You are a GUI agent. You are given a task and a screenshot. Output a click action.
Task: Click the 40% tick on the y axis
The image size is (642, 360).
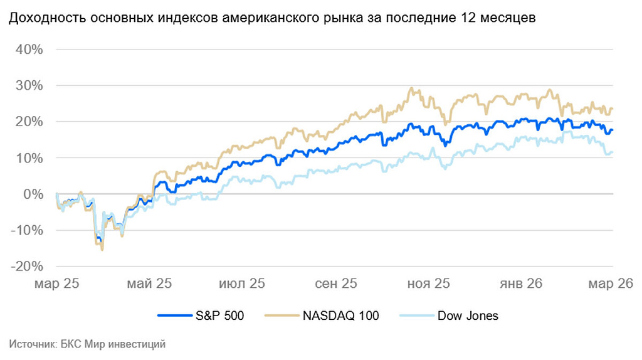click(x=27, y=50)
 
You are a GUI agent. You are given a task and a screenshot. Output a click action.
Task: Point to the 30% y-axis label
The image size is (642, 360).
click(x=27, y=85)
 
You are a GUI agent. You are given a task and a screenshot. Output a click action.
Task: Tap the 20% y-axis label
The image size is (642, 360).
click(x=27, y=122)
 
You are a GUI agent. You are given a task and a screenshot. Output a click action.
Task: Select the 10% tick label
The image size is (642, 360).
click(x=27, y=158)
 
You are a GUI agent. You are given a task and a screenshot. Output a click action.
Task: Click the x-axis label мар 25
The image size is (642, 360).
click(x=57, y=283)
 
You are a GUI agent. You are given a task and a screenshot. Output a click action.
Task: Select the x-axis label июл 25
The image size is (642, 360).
click(x=241, y=283)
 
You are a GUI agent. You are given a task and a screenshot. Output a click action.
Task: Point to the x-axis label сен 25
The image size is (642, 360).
click(x=336, y=283)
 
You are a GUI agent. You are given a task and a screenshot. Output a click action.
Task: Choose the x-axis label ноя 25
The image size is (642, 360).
click(x=429, y=283)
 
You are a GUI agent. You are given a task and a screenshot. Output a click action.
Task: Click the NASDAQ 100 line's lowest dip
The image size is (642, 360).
click(x=102, y=250)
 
